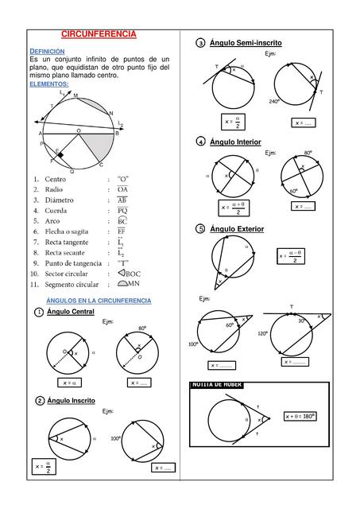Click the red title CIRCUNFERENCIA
tap(99, 35)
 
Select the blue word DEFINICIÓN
tap(46, 50)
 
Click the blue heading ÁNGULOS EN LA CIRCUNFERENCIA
tap(99, 301)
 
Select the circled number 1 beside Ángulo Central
tap(39, 313)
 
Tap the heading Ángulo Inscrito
tap(72, 400)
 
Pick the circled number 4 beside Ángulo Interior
tap(201, 142)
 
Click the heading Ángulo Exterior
tap(237, 229)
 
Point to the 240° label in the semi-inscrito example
tap(274, 102)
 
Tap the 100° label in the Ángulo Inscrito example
tap(115, 438)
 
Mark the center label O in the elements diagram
tap(78, 130)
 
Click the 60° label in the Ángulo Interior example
tap(294, 191)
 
